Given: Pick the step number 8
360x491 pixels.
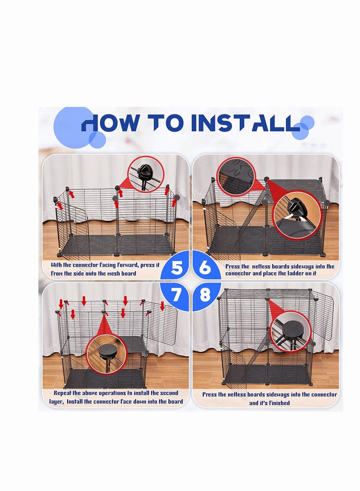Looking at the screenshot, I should [x=205, y=295].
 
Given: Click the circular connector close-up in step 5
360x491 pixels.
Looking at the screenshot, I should [x=145, y=173].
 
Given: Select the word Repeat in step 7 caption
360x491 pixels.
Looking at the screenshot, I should [x=63, y=393].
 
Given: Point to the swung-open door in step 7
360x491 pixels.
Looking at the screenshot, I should [x=161, y=323].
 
